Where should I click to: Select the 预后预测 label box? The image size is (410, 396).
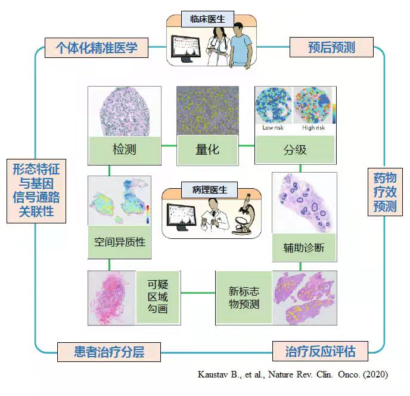pos(331,47)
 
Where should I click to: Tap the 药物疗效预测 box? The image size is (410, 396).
pos(385,192)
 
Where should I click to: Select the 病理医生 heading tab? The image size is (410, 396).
pos(210,190)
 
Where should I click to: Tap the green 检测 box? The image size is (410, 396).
pos(124,149)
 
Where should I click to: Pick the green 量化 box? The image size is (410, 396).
pos(207,149)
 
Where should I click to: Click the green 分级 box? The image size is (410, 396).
pos(295,149)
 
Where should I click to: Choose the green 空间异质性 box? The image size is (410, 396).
pos(120,242)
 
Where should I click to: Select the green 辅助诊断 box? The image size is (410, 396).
pos(304,247)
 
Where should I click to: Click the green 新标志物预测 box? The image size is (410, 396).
pos(244,297)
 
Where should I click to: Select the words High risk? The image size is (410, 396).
pos(312,128)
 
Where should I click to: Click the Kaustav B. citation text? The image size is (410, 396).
pos(293,374)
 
